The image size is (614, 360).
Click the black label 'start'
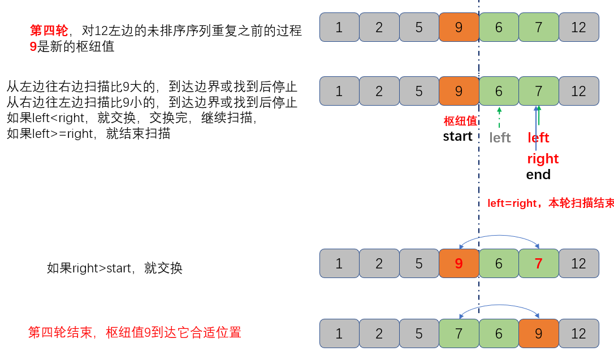coord(457,136)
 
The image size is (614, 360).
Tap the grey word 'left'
coord(500,138)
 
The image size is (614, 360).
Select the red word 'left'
coord(538,138)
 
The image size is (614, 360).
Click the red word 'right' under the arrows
coord(543,159)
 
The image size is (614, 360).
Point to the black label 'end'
coord(538,175)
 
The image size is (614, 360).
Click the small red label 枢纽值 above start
coord(460,121)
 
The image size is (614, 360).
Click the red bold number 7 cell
coord(538,263)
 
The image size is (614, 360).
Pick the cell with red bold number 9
coord(459,263)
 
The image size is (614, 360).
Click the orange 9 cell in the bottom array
coord(538,333)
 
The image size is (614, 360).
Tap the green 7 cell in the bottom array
coord(459,333)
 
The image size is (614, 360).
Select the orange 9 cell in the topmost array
coord(459,27)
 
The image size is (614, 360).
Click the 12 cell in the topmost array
coord(578,27)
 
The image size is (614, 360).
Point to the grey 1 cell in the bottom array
coord(339,333)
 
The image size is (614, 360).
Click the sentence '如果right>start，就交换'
coord(115,268)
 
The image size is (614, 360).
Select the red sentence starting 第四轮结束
coord(135,332)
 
